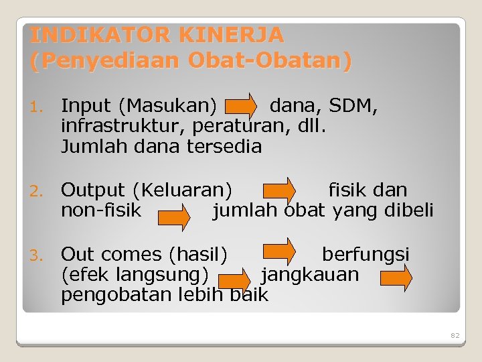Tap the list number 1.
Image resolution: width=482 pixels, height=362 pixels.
[x=37, y=107]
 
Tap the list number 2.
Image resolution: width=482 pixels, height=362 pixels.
[x=37, y=191]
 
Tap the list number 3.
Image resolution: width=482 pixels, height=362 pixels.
[x=37, y=255]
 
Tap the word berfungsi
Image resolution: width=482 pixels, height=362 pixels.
[x=366, y=255]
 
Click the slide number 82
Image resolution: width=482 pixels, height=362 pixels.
[x=455, y=335]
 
